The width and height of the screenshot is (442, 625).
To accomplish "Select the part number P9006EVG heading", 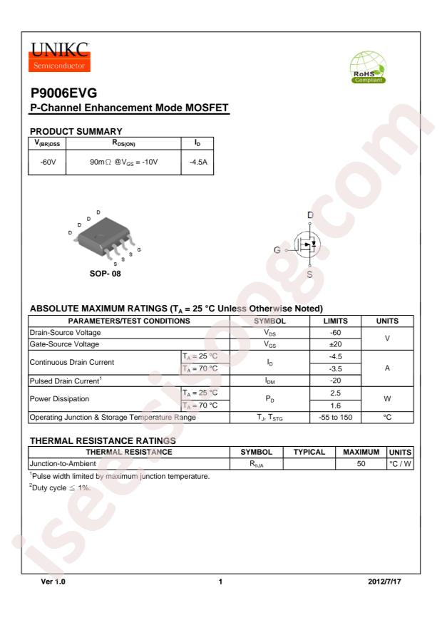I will click(64, 94).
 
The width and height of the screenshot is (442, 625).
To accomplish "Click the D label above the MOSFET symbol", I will click(310, 215).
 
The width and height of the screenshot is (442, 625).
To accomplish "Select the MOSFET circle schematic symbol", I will click(309, 244).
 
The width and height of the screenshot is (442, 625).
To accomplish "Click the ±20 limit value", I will click(339, 344).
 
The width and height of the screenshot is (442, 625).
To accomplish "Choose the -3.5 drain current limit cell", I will click(339, 369).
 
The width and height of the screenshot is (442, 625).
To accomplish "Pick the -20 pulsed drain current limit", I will click(339, 382).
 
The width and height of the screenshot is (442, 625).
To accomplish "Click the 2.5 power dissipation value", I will click(339, 394).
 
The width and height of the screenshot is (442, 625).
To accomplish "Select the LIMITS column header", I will click(339, 321).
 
